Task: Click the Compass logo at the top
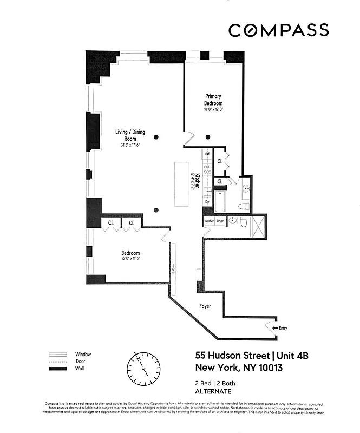pyautogui.click(x=278, y=30)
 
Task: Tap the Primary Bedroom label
pyautogui.click(x=213, y=100)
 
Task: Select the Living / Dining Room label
pyautogui.click(x=130, y=135)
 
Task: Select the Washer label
pyautogui.click(x=209, y=221)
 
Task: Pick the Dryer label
pyautogui.click(x=220, y=221)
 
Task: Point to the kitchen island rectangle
pyautogui.click(x=181, y=184)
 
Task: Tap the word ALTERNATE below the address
pyautogui.click(x=213, y=391)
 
